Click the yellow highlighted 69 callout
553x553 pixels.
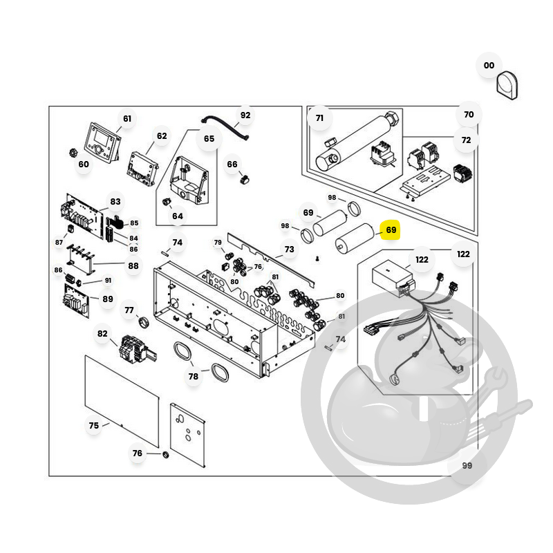(x=391, y=230)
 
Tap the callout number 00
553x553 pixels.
(x=489, y=66)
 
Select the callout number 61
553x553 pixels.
(x=127, y=119)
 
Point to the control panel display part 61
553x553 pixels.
(x=102, y=143)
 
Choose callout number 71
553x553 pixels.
(x=319, y=118)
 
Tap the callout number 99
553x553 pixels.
(x=467, y=465)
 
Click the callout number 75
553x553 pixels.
(x=94, y=426)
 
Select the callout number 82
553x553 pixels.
(x=102, y=334)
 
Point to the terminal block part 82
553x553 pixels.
(x=137, y=349)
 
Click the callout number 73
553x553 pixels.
(x=289, y=250)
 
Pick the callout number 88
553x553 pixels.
(x=133, y=266)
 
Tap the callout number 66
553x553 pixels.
(x=232, y=165)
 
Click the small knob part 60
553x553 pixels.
(x=73, y=153)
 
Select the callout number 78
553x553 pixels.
(x=194, y=377)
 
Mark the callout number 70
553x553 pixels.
(x=469, y=115)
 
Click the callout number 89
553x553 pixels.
(x=108, y=299)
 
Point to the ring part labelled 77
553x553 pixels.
(x=144, y=322)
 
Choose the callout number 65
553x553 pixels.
(x=209, y=139)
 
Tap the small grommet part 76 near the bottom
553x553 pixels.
(x=165, y=454)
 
